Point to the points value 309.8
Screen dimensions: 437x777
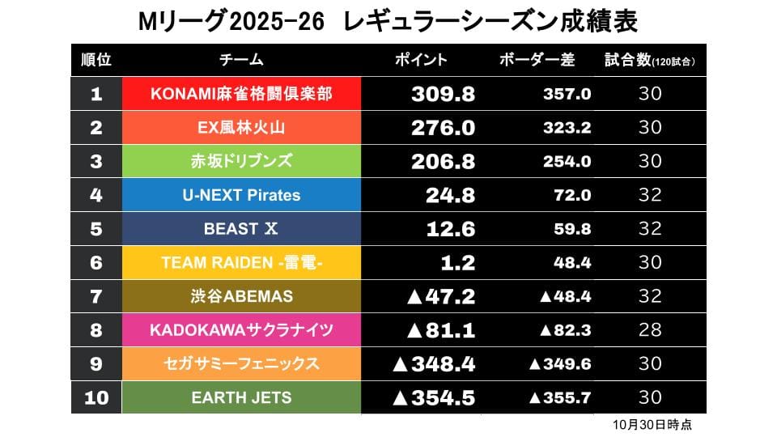click(x=443, y=94)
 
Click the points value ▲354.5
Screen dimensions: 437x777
click(x=433, y=397)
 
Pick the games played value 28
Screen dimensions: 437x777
click(x=650, y=330)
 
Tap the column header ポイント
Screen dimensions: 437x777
click(x=420, y=60)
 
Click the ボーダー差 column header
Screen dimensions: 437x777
click(x=537, y=60)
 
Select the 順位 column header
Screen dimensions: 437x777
click(x=96, y=60)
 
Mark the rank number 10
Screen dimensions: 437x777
click(x=96, y=397)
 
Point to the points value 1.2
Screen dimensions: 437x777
click(x=458, y=262)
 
